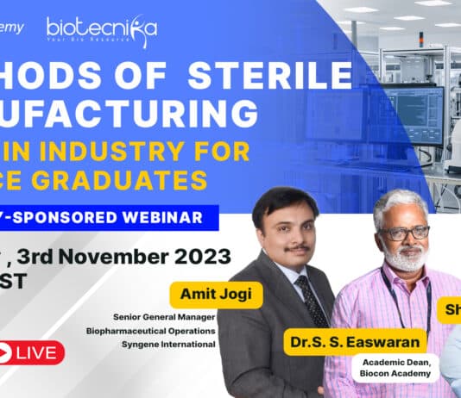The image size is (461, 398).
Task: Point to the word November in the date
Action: pos(118,256)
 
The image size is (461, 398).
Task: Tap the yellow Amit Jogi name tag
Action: pos(212,293)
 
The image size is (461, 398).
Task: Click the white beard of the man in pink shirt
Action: pos(404,258)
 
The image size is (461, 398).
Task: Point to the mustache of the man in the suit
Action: pos(297,248)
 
